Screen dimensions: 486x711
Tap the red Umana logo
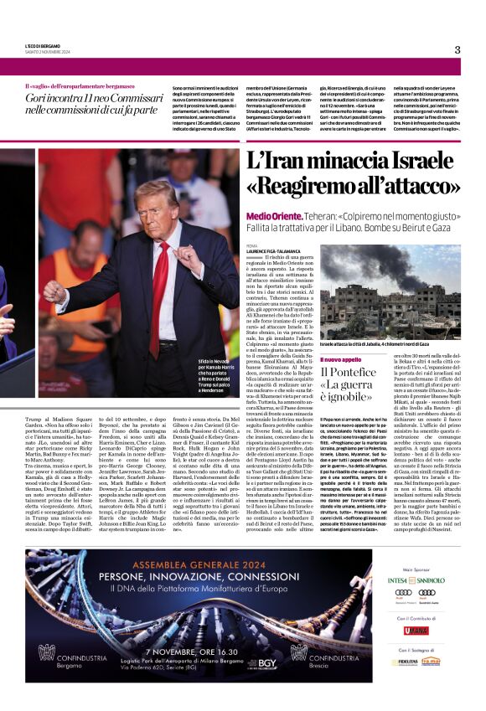click(x=416, y=630)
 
